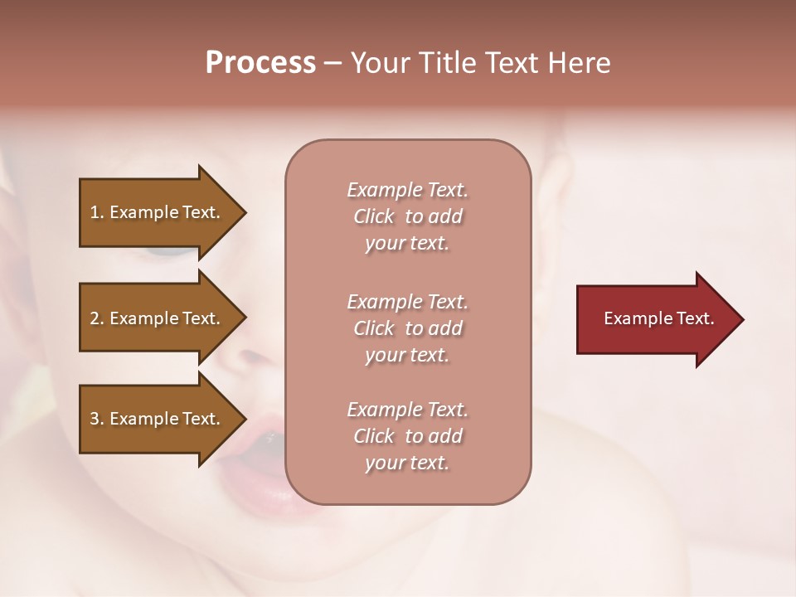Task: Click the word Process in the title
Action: click(x=260, y=63)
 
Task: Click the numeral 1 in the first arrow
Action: click(x=95, y=212)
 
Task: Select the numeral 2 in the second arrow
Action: click(x=95, y=318)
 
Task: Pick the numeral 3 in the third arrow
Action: click(x=95, y=419)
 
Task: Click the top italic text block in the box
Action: click(x=407, y=216)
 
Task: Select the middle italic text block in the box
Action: click(x=407, y=328)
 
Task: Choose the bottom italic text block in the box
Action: click(x=407, y=436)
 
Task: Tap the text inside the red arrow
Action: click(x=659, y=318)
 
